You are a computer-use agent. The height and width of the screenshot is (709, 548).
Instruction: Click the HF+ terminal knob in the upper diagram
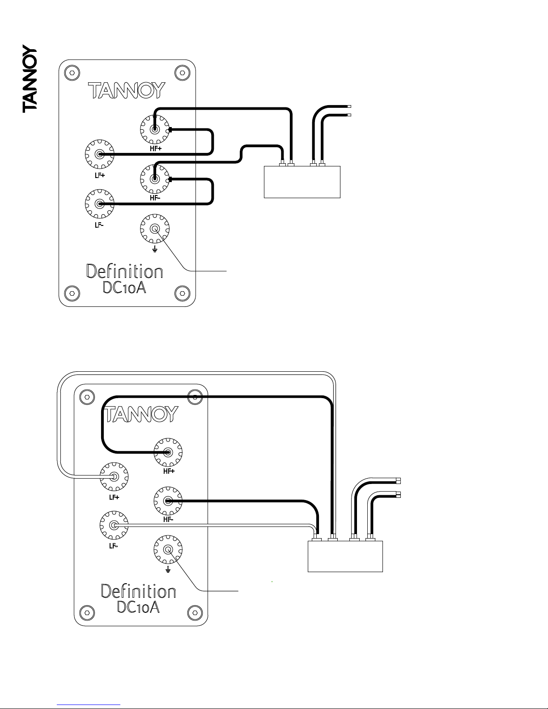click(155, 130)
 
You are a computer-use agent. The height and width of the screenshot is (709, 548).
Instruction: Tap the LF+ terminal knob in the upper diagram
click(99, 154)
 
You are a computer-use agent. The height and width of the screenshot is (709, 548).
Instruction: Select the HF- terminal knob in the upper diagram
click(155, 179)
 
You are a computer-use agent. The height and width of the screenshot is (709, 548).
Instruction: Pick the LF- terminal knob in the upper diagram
click(99, 204)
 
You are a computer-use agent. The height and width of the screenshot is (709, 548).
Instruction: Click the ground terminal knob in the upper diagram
click(155, 229)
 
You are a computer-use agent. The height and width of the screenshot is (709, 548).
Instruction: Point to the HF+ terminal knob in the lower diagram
click(168, 453)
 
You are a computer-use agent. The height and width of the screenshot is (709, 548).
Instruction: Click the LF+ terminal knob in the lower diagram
click(114, 477)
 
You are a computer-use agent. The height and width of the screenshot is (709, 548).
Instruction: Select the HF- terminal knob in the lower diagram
click(168, 501)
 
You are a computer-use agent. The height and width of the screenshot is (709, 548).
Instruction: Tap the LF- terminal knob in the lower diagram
click(114, 525)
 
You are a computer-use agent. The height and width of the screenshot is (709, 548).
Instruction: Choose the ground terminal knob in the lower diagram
click(168, 550)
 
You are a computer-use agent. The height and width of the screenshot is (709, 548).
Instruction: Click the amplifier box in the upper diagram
click(302, 182)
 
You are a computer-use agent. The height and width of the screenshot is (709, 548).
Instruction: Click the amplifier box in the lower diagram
click(345, 556)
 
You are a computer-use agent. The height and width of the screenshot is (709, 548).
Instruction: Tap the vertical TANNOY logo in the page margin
click(30, 79)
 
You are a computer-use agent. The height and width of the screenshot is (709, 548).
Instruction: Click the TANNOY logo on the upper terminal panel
click(127, 90)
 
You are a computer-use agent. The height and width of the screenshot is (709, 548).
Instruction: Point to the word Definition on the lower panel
click(139, 591)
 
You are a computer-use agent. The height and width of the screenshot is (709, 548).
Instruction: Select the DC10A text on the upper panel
click(124, 287)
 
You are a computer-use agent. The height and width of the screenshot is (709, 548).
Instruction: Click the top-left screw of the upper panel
click(72, 73)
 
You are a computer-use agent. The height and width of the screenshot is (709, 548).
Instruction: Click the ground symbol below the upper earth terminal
click(155, 250)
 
